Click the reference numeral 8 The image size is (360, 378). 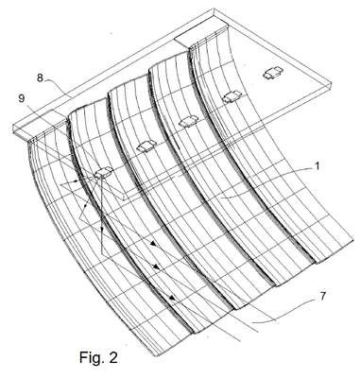coord(40,77)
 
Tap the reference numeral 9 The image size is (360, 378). coord(22,98)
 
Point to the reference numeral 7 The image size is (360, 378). coord(322,297)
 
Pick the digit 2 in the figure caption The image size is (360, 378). coord(112,357)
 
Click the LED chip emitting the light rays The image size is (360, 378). coord(103,172)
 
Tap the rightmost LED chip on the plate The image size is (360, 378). coord(273,73)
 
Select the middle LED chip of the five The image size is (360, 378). coord(188,121)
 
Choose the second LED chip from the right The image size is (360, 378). coord(231,97)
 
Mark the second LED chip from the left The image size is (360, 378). coord(146,146)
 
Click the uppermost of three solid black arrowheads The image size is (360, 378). coord(153,243)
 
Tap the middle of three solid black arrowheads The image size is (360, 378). coord(157,267)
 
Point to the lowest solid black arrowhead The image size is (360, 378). coord(172,298)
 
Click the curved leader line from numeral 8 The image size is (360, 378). coord(58,87)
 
